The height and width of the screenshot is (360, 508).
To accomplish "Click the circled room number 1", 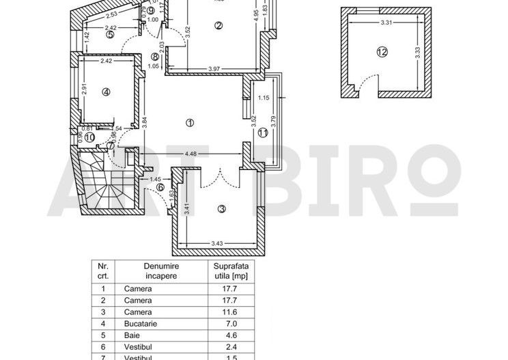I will (x=189, y=122).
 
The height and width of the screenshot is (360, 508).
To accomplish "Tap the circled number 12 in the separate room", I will (x=381, y=51).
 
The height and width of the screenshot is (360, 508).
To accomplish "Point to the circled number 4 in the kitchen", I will (x=106, y=92).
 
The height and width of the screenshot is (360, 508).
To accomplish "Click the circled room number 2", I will (x=218, y=26).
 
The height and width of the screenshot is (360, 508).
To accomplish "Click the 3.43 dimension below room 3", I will (x=217, y=243).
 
